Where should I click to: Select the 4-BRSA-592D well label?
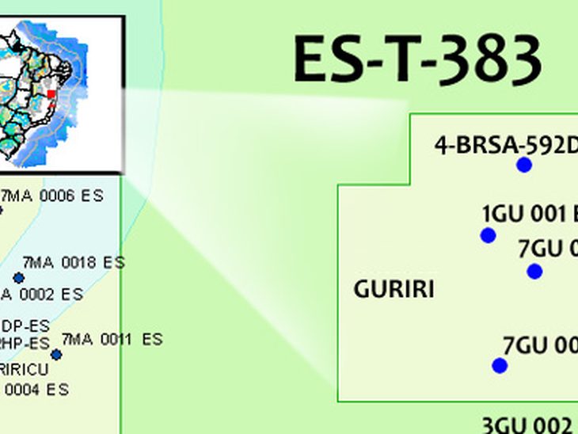click(x=505, y=145)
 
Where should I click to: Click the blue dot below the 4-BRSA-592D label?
click(x=523, y=165)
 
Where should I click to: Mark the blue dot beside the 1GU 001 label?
click(x=488, y=235)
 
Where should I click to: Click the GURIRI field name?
click(x=394, y=289)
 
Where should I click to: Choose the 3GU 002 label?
click(x=527, y=424)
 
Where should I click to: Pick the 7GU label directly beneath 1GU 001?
click(x=547, y=249)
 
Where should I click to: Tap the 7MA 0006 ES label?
click(x=52, y=196)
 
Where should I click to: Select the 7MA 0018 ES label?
click(x=74, y=261)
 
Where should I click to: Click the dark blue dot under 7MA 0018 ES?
click(x=19, y=278)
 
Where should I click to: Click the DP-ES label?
click(x=25, y=326)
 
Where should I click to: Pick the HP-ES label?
click(x=25, y=343)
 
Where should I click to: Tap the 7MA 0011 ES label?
click(x=112, y=339)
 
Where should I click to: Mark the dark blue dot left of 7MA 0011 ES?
click(x=56, y=354)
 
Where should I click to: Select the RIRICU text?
click(x=24, y=369)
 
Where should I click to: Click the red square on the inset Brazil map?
click(x=52, y=94)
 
